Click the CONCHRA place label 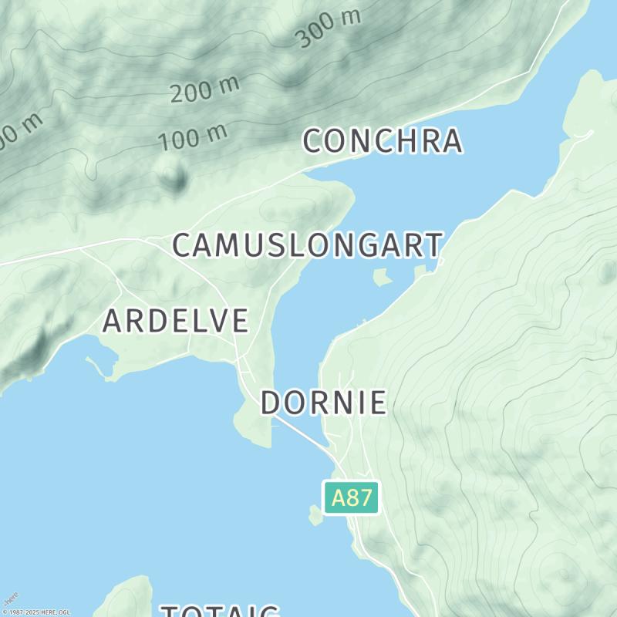[383, 141]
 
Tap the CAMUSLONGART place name [307, 245]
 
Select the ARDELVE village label [175, 321]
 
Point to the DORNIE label [323, 403]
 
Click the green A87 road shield [351, 497]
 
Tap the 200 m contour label [204, 89]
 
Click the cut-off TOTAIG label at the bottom [220, 611]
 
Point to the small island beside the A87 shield [315, 515]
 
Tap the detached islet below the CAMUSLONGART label [382, 276]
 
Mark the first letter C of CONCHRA [312, 141]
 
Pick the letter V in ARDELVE [219, 321]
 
